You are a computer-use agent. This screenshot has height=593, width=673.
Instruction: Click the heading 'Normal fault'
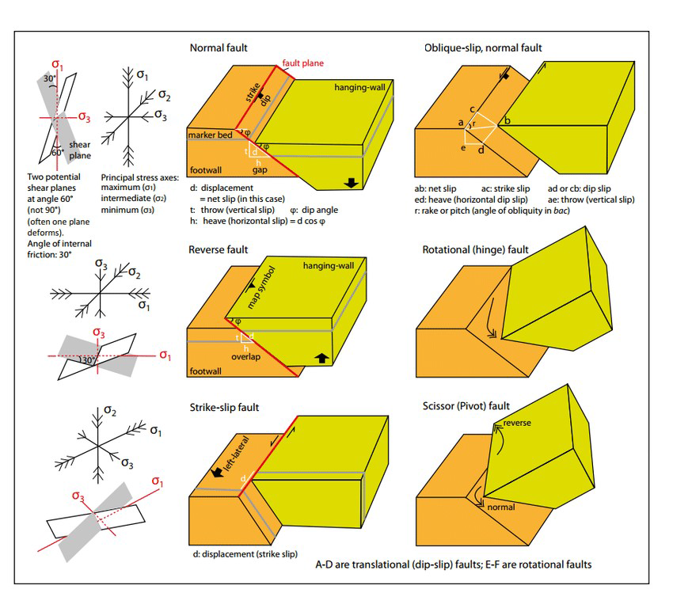coord(219,48)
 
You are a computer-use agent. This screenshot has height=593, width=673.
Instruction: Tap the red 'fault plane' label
coord(304,63)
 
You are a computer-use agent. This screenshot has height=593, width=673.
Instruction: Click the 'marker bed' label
coord(210,135)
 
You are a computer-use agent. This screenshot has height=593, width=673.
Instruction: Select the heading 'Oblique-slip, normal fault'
coord(483,48)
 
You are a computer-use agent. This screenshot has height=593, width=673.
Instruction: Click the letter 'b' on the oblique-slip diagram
coord(508,120)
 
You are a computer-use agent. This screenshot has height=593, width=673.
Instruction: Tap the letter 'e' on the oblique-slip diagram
coord(464,148)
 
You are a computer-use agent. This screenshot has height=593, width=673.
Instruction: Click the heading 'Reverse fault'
coord(219,250)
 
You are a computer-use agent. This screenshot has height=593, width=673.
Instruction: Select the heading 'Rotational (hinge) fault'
coord(476,250)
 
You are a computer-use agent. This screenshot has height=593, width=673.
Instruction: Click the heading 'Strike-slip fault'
coord(224,408)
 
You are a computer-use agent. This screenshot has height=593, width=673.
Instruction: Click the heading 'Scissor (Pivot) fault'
coord(466,407)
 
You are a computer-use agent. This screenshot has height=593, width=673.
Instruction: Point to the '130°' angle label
coord(88,360)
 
